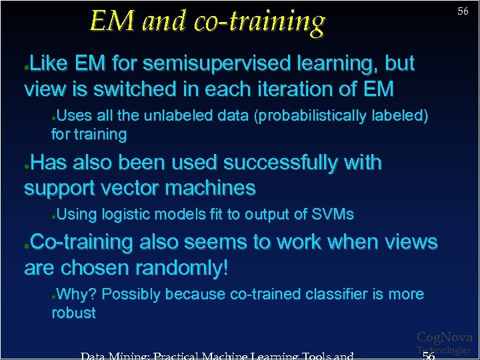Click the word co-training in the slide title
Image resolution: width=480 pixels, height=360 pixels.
pyautogui.click(x=259, y=21)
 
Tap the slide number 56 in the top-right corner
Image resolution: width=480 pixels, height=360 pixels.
pyautogui.click(x=463, y=11)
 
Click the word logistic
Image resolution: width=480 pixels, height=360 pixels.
pyautogui.click(x=125, y=215)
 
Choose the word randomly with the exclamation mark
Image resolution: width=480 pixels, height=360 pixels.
pyautogui.click(x=181, y=268)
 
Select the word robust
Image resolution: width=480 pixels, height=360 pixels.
pyautogui.click(x=73, y=313)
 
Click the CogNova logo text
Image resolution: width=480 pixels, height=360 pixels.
pyautogui.click(x=444, y=337)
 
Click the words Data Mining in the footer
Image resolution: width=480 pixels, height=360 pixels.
pyautogui.click(x=114, y=356)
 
